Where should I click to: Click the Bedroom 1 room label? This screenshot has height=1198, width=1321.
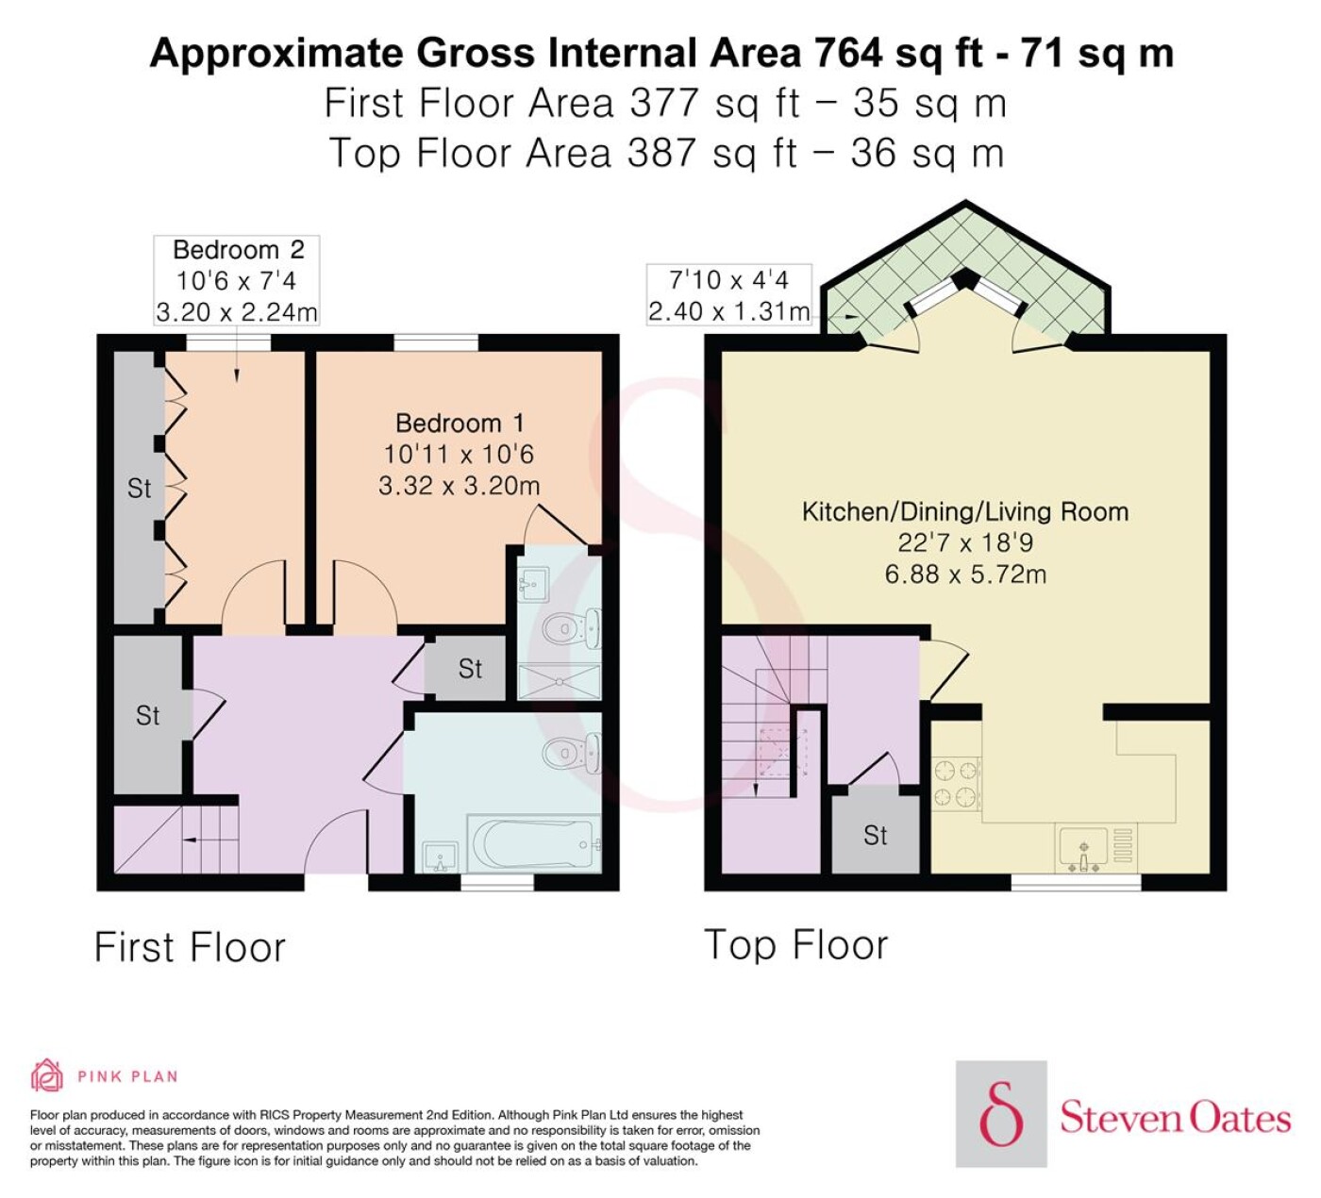(x=459, y=423)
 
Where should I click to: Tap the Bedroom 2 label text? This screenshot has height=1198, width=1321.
(x=239, y=250)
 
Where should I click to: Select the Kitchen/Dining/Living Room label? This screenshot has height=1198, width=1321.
(x=964, y=511)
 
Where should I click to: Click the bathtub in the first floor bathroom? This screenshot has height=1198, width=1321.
(x=533, y=844)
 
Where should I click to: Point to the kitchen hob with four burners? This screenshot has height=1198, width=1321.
(x=956, y=784)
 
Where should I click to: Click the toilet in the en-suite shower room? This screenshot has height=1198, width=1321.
(x=571, y=628)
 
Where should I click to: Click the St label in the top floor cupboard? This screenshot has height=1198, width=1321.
(x=876, y=836)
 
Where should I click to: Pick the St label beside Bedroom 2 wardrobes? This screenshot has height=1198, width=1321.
(x=139, y=489)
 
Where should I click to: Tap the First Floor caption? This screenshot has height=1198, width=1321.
(x=191, y=948)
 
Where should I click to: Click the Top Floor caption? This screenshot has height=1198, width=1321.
(x=796, y=946)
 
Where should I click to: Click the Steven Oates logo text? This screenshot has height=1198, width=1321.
(x=1175, y=1119)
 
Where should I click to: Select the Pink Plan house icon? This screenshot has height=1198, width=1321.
(x=47, y=1075)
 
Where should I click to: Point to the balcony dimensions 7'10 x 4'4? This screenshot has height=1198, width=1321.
(x=729, y=280)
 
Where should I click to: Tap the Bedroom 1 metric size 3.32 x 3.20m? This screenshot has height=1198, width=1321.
(x=459, y=486)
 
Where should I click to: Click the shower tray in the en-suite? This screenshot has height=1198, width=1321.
(x=560, y=682)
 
